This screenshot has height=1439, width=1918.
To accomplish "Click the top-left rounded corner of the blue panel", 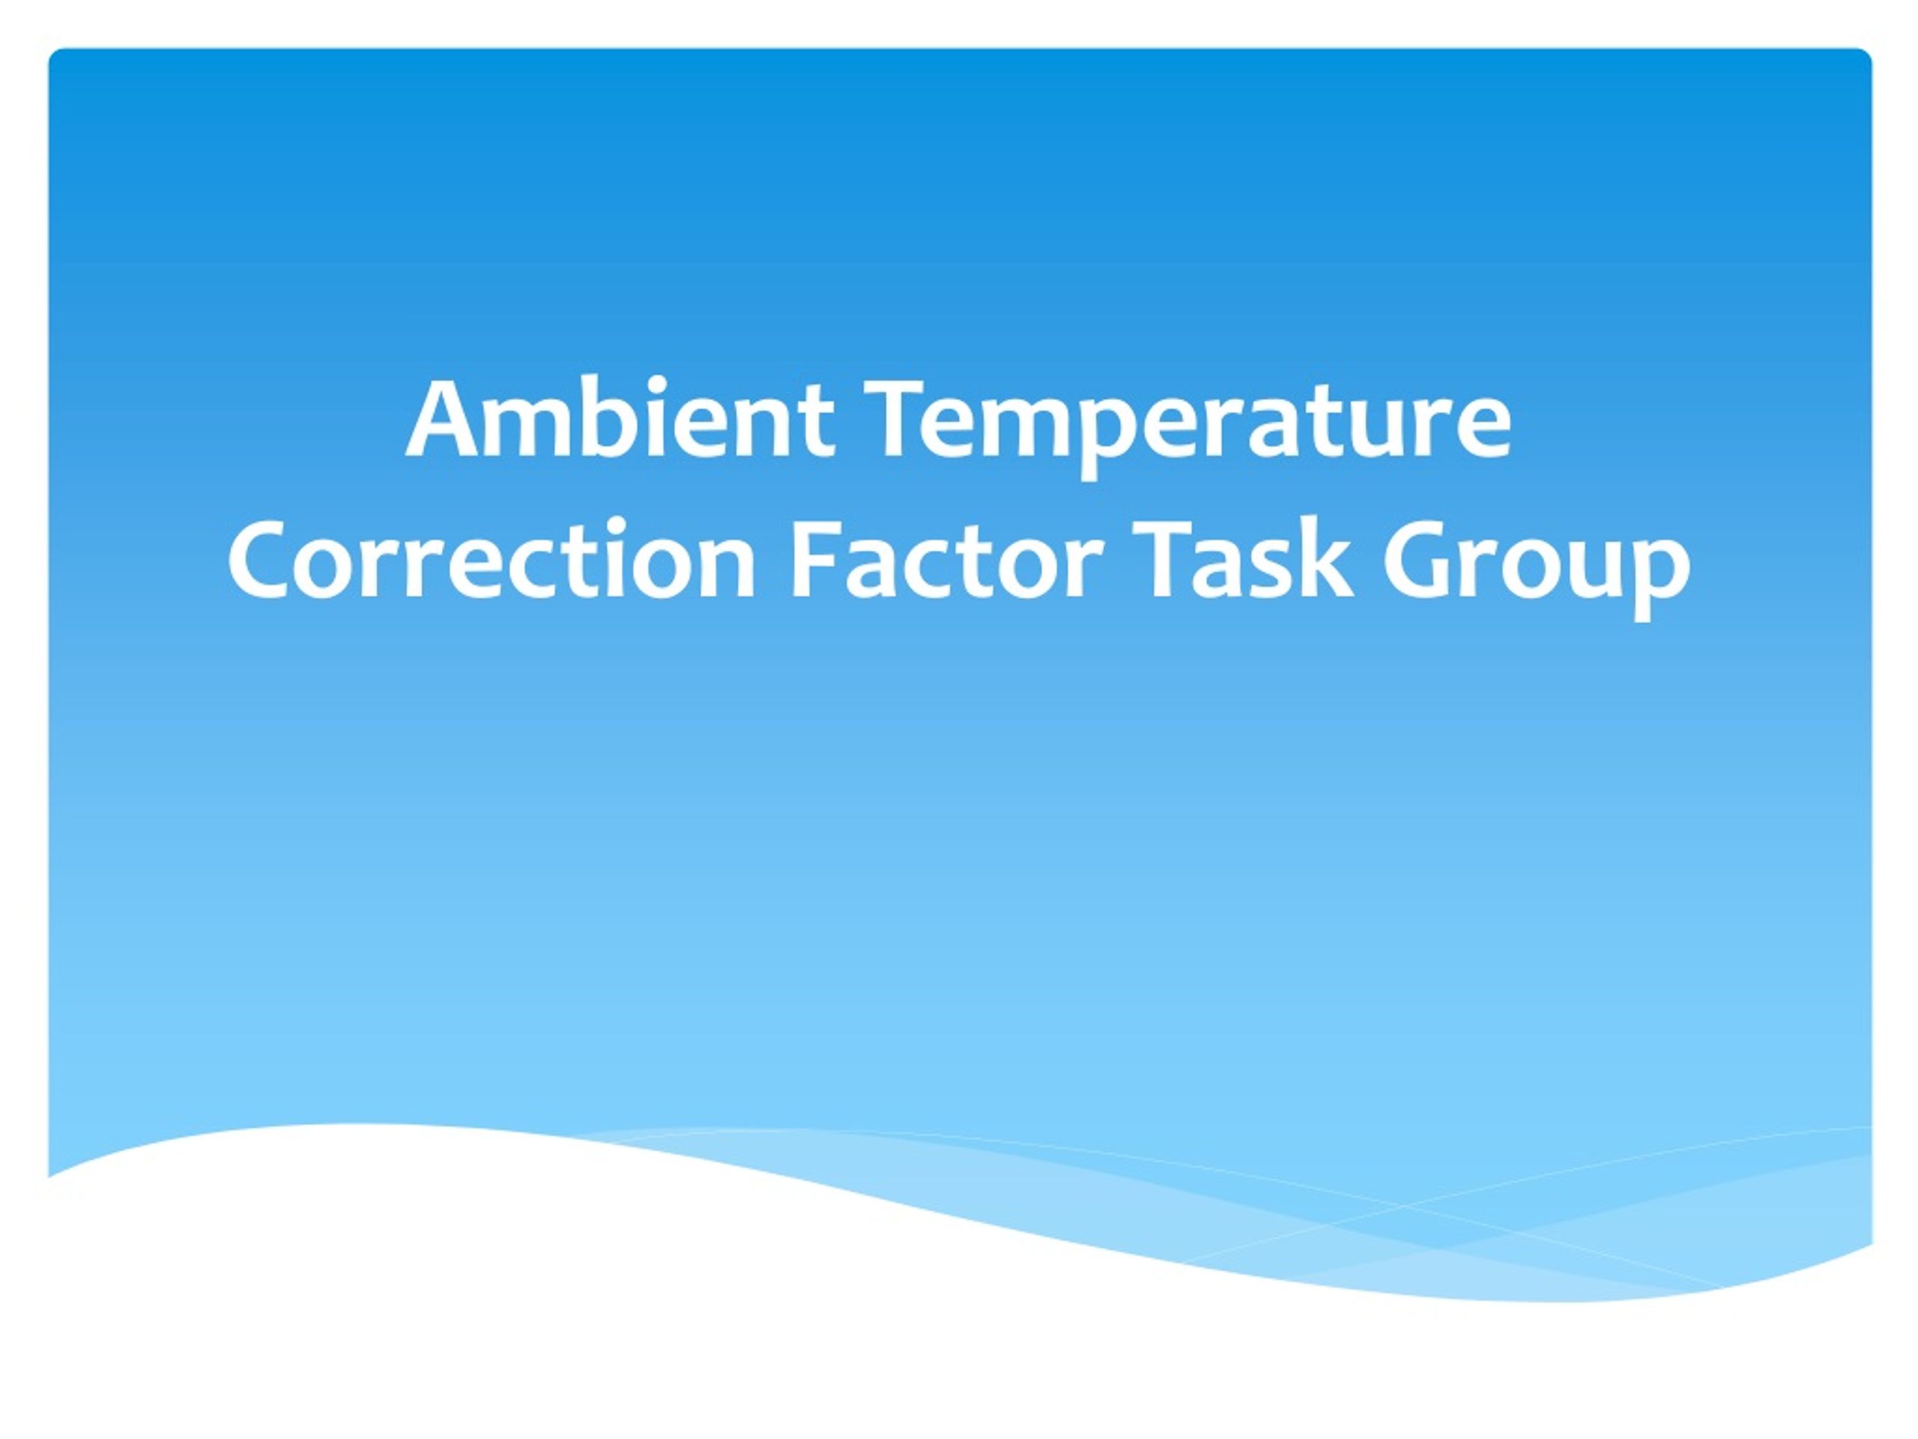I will [54, 54].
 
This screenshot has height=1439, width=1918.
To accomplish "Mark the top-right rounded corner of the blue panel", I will [1866, 54].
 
